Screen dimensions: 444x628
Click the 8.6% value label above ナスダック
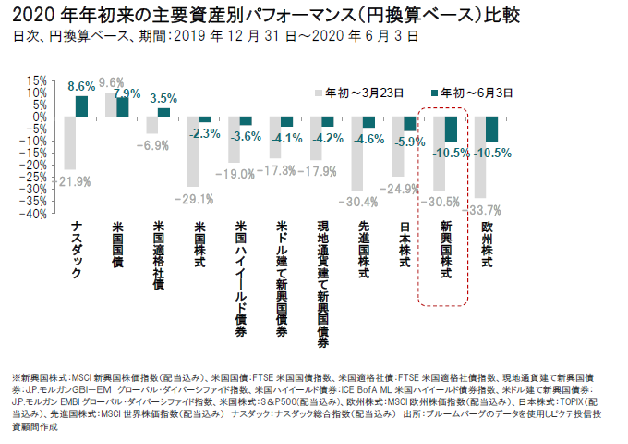81,86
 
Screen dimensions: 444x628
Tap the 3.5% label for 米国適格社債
163,98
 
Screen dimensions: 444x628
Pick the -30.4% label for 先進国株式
357,202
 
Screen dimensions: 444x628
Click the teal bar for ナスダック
82,106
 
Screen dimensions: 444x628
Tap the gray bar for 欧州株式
481,157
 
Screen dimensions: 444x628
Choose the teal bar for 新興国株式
451,129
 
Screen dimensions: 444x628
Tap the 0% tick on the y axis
38,117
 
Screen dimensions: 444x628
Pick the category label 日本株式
405,246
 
